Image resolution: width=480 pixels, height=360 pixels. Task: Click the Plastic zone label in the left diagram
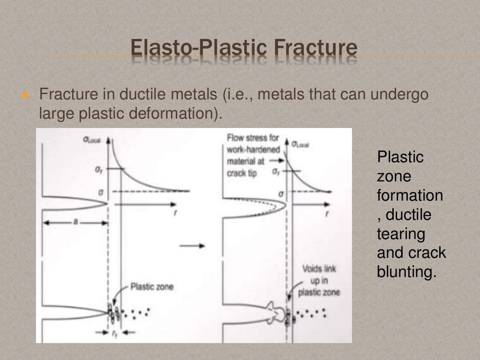tap(151, 286)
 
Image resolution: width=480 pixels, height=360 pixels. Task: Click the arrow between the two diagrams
tap(199, 246)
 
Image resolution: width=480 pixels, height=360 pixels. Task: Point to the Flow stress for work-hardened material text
tap(253, 155)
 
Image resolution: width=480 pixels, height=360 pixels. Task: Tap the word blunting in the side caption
tap(406, 272)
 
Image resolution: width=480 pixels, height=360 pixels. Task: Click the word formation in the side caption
tap(410, 195)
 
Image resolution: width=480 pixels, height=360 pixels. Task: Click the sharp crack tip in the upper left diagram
tap(107, 203)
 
